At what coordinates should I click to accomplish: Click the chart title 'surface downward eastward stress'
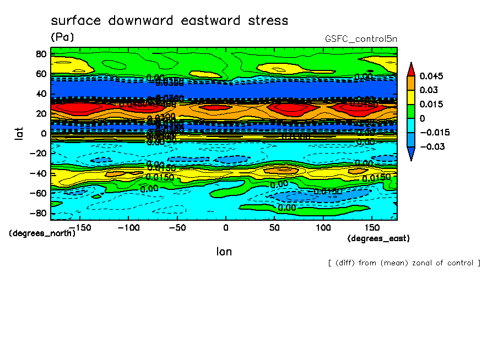tap(169, 21)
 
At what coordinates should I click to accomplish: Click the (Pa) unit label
tap(62, 37)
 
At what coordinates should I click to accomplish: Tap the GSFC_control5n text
tap(361, 39)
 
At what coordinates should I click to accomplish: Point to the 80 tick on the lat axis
tap(40, 54)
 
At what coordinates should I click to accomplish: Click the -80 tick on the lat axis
tap(38, 213)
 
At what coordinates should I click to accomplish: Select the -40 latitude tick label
tap(38, 173)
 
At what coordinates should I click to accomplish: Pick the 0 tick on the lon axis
tap(225, 227)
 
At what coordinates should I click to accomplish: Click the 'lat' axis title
tap(19, 133)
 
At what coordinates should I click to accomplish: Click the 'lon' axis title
tap(224, 252)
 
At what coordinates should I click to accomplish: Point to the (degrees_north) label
tap(42, 233)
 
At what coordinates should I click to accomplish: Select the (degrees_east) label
tap(378, 238)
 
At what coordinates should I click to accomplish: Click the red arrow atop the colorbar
tap(411, 68)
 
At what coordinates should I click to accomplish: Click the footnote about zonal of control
tap(404, 263)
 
